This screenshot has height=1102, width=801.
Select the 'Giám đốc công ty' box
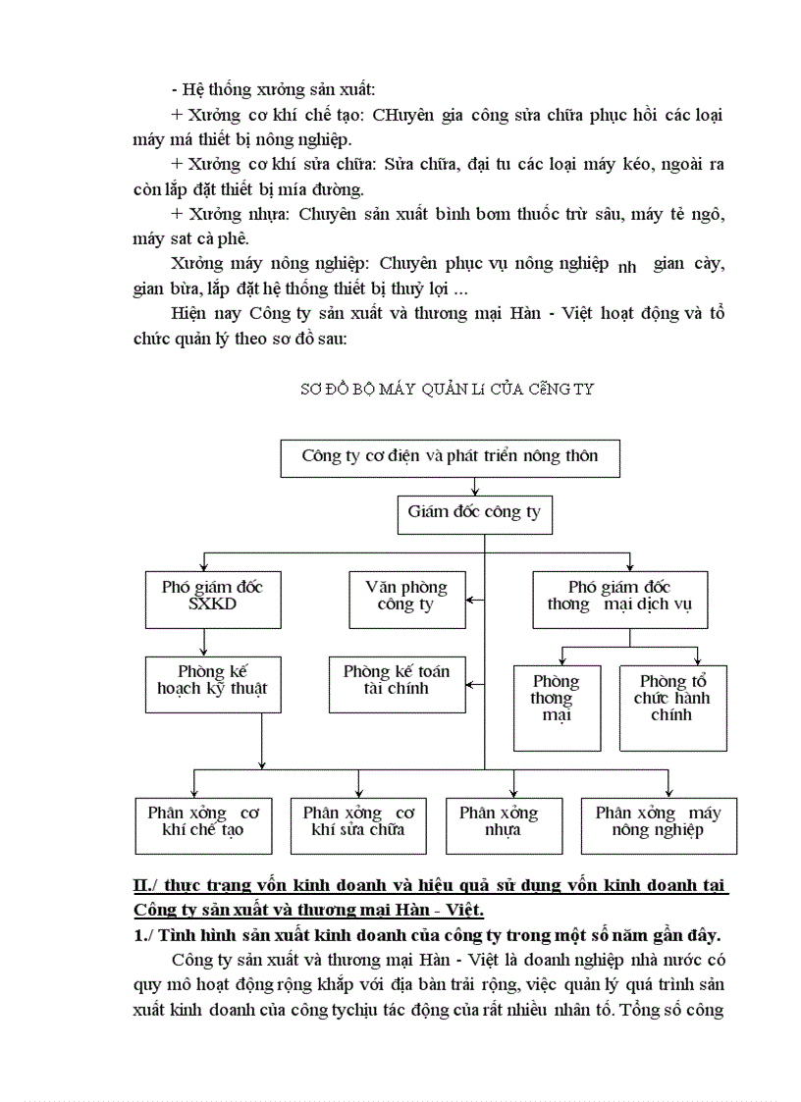tap(473, 513)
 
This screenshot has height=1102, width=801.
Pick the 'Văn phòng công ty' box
tap(406, 597)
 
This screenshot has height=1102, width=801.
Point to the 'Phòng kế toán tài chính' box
tap(397, 681)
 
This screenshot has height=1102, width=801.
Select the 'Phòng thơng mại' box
tap(557, 708)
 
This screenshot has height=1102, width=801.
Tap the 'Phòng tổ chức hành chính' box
tap(672, 708)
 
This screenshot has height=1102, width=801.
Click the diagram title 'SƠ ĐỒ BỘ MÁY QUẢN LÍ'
tap(447, 390)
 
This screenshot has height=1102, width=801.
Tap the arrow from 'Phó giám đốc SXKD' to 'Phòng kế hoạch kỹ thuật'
tap(204, 642)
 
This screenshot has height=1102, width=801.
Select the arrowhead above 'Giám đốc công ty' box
tap(475, 491)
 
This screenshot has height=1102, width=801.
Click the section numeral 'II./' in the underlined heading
tap(147, 885)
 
